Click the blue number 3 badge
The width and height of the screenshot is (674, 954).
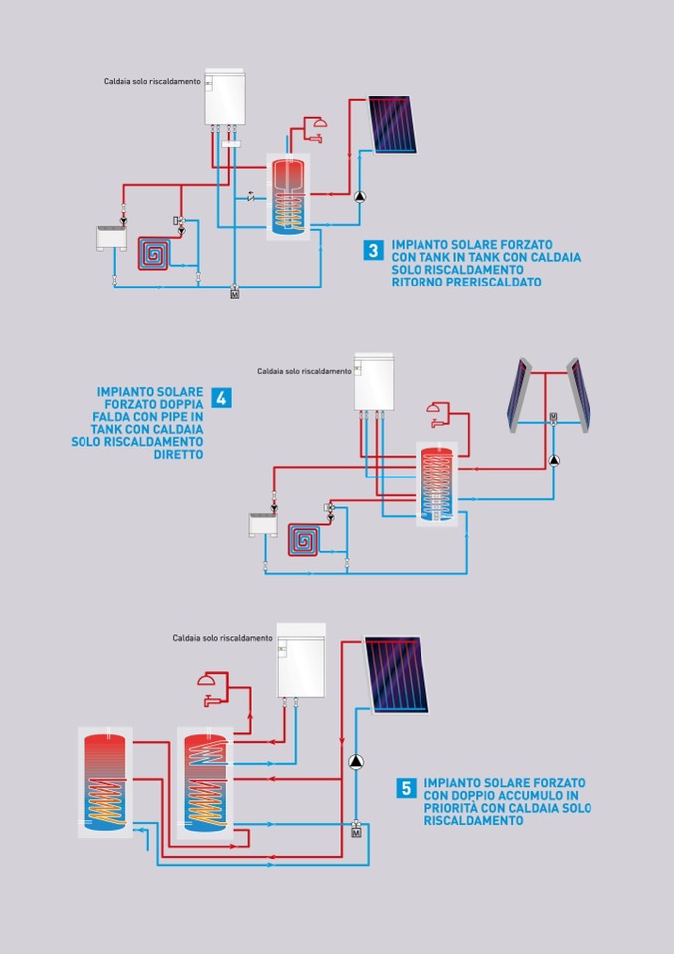pos(373,250)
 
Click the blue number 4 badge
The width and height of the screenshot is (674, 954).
pos(222,397)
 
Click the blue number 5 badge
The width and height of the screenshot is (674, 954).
pos(406,789)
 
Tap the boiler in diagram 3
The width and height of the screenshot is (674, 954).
pos(225,96)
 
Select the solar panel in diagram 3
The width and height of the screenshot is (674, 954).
pos(392,124)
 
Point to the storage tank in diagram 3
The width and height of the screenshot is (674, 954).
pos(288,197)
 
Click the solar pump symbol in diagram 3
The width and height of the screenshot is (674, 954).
pos(360,197)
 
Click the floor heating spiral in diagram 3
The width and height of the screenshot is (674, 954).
pos(154,253)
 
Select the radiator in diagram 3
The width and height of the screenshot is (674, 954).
pos(111,238)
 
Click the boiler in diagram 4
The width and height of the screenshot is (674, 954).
pos(374,381)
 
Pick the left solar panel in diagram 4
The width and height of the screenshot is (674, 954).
pos(518,395)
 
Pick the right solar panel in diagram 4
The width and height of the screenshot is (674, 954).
pos(579,395)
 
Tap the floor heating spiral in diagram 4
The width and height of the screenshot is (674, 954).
pos(304,540)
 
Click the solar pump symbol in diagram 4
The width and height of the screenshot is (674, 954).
pos(554,461)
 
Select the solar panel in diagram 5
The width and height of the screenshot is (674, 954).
pos(397,674)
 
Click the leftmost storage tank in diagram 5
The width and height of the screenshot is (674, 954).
pos(105,783)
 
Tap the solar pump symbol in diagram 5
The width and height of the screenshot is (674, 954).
pos(356,762)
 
